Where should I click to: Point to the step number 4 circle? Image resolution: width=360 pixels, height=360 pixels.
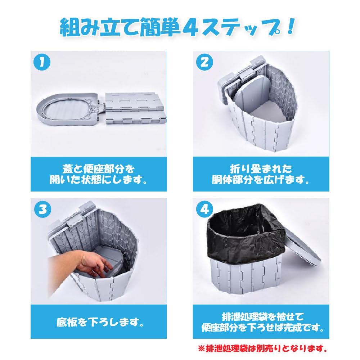point(204,210)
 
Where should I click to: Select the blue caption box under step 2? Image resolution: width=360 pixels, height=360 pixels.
point(260,174)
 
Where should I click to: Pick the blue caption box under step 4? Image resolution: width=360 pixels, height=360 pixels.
point(260,321)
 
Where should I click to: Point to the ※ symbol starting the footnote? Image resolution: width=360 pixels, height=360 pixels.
point(201,349)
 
